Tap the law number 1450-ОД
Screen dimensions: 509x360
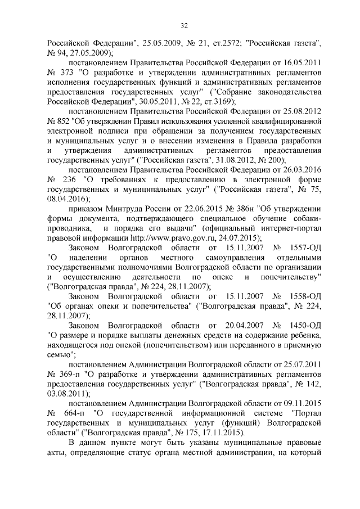pos(303,327)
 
